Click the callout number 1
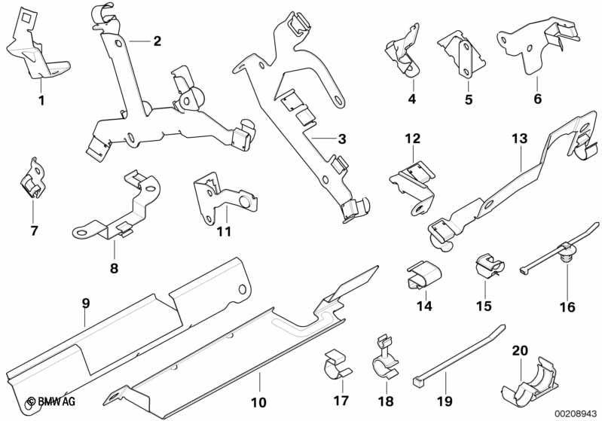pos(41,100)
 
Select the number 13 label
pos(520,139)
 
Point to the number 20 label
pos(520,350)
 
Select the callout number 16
pos(567,307)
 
